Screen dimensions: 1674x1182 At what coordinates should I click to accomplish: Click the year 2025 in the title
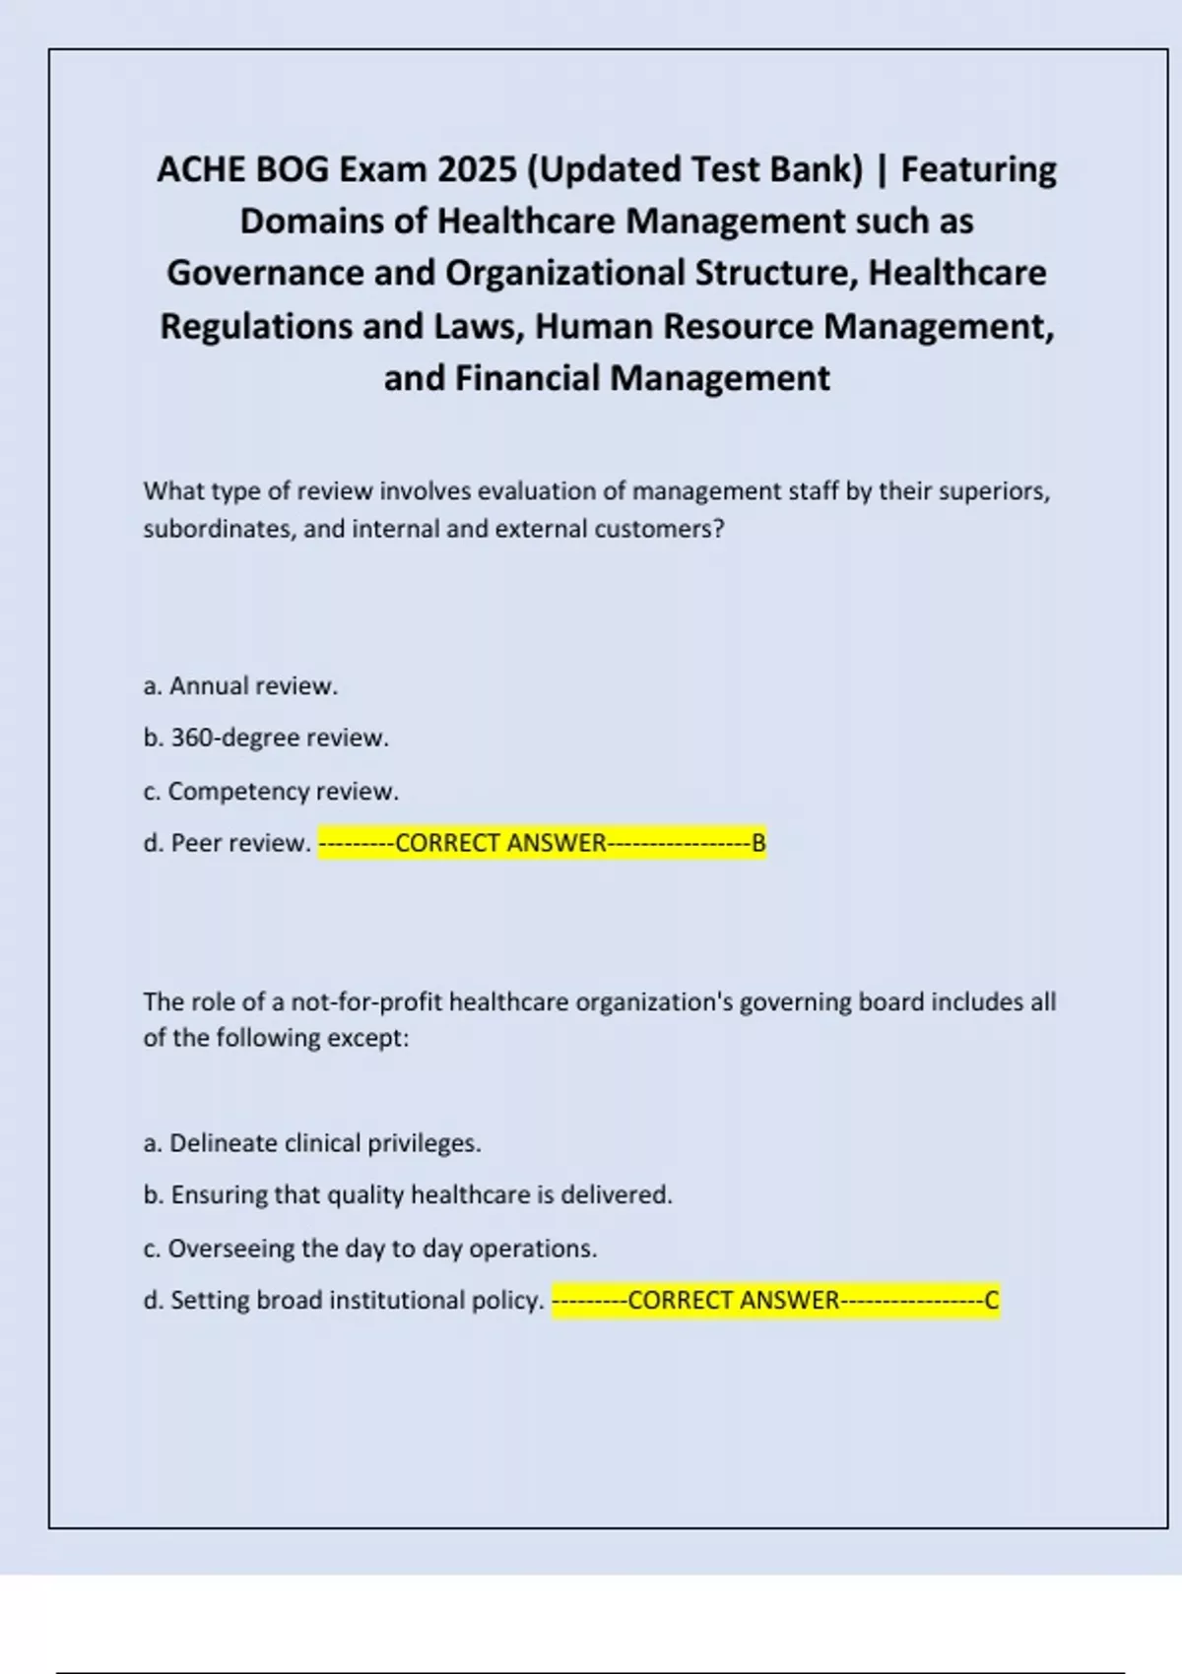tap(477, 169)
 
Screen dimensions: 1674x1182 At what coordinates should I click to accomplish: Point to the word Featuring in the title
tap(978, 169)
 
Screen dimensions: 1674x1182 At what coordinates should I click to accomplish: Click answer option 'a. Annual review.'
tap(240, 686)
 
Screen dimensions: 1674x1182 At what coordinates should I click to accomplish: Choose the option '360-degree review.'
tap(280, 739)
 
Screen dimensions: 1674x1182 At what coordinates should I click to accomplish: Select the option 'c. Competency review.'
tap(271, 792)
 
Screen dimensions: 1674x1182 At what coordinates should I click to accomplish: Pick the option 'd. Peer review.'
tap(228, 844)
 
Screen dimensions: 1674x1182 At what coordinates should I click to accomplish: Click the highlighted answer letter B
tap(758, 844)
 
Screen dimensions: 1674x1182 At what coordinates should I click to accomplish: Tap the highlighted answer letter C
tap(992, 1301)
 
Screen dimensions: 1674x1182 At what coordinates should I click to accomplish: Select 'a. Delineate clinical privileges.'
tap(312, 1143)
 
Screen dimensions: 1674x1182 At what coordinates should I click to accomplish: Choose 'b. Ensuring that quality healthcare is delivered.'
tap(408, 1195)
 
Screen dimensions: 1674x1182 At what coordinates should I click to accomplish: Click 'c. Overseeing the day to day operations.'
tap(370, 1249)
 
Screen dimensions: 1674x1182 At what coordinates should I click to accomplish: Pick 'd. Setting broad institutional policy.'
tap(344, 1301)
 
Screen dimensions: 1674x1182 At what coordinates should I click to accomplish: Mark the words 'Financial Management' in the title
tap(642, 378)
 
